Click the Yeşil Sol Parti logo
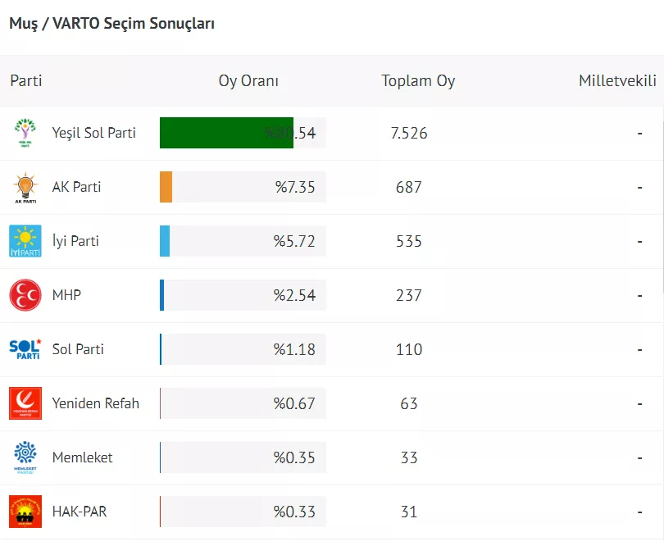[25, 133]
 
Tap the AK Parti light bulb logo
[25, 187]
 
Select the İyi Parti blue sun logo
[25, 241]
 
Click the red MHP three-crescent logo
[25, 295]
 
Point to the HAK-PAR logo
[25, 512]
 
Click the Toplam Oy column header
[418, 81]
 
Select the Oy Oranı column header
[248, 81]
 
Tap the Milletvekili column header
[617, 81]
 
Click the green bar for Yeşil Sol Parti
[226, 133]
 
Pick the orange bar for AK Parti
[166, 187]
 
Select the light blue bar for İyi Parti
[165, 241]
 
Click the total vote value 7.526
[410, 133]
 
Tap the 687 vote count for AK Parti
[408, 187]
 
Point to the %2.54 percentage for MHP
[294, 295]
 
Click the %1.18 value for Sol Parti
[294, 349]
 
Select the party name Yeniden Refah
[96, 403]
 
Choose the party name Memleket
[83, 457]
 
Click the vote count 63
[409, 403]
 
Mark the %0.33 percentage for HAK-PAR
[294, 512]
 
